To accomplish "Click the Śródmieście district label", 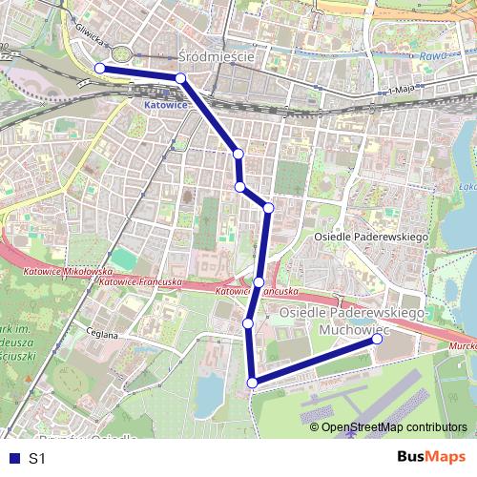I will pos(216,56).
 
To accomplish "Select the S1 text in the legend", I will pos(37,459).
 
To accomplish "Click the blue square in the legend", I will pos(13,459).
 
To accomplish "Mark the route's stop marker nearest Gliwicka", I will pos(99,68).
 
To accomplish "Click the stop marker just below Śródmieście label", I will pos(180,77).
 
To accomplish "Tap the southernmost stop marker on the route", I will pos(253,383).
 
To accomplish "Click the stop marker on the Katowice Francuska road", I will pos(259,281).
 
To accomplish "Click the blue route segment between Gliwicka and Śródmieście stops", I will pos(139,73).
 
